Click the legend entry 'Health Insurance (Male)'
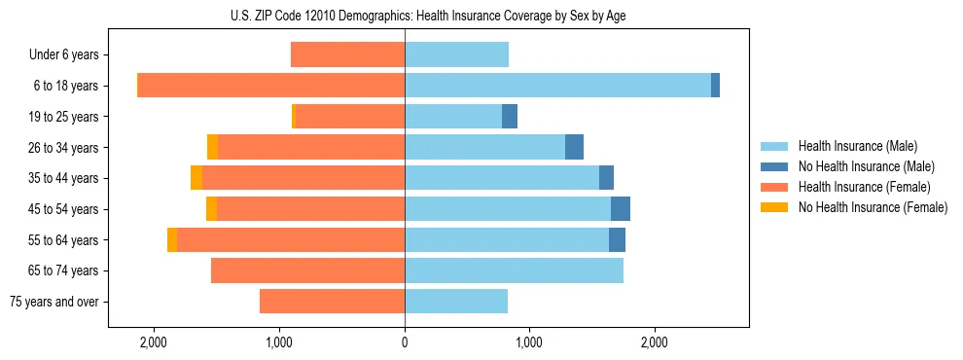pos(857,146)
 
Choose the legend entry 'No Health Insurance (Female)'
pos(873,207)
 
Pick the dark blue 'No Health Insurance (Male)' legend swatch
pos(774,166)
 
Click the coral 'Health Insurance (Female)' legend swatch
pos(774,187)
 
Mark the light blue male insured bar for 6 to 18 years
pos(557,86)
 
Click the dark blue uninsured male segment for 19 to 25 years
pos(510,117)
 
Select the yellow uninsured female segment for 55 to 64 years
pos(172,240)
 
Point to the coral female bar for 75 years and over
pos(332,302)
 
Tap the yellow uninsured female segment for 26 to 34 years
pos(212,147)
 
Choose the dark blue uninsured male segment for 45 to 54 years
pos(621,209)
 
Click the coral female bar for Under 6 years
pos(347,55)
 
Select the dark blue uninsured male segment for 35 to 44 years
pos(606,178)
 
